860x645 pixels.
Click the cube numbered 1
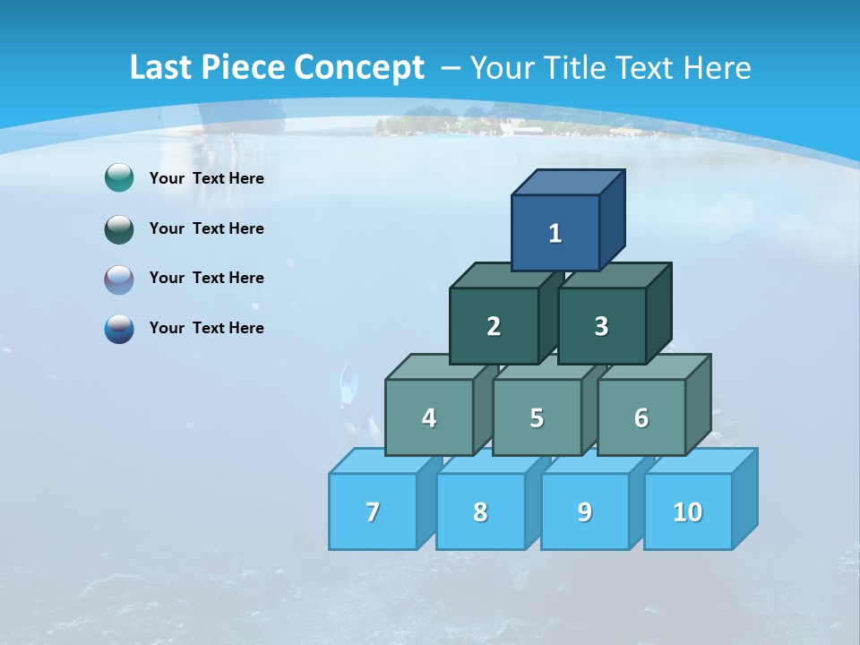[x=555, y=233]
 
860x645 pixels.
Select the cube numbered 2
[x=494, y=326]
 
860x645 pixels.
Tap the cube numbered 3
[x=601, y=326]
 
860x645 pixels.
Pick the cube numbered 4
[x=429, y=417]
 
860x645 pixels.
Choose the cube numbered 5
[x=537, y=417]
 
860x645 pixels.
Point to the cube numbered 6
[x=641, y=417]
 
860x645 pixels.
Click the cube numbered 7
[x=373, y=512]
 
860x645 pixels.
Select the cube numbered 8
[x=480, y=512]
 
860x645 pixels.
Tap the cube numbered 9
[x=584, y=512]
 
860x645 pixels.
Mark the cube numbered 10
[x=687, y=512]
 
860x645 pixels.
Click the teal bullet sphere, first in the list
[x=119, y=178]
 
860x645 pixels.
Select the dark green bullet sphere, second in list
[x=119, y=228]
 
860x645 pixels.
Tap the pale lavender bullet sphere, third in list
[x=119, y=279]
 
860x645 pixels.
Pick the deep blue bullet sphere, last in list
[x=119, y=329]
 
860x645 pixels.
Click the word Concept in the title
[x=359, y=68]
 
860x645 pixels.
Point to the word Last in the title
[x=162, y=68]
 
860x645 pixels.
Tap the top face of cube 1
[x=568, y=182]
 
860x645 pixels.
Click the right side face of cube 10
[x=744, y=499]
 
